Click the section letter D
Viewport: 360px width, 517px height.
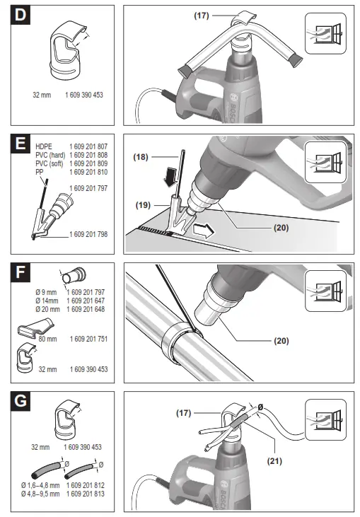(20, 15)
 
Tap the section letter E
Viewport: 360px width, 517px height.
(20, 144)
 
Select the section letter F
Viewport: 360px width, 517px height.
(20, 272)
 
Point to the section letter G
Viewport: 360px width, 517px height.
(20, 401)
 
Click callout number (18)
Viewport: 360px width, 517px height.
(141, 156)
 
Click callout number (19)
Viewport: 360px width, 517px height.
(143, 205)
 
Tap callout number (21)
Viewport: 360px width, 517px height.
(274, 460)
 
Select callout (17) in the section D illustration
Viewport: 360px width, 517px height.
(202, 16)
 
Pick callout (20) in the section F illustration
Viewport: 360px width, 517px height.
(281, 340)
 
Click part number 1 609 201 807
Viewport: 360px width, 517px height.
(88, 146)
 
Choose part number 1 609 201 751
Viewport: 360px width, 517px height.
(88, 339)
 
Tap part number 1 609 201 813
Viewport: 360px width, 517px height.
(86, 494)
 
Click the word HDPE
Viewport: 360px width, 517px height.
(44, 146)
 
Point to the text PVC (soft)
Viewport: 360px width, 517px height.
(50, 163)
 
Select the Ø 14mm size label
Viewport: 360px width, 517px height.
(47, 301)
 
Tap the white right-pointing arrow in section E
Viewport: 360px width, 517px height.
(204, 230)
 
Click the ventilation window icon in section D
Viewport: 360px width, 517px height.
(326, 33)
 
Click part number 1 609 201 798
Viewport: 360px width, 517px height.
(88, 234)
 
